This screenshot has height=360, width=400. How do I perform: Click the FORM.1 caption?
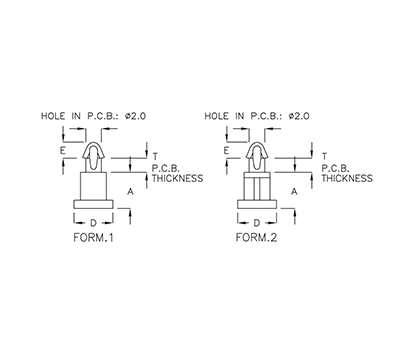tap(95, 240)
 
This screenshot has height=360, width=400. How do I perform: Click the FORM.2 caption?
tap(255, 240)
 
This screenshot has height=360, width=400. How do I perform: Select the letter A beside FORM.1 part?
tap(131, 189)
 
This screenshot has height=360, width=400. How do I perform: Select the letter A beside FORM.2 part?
tap(293, 189)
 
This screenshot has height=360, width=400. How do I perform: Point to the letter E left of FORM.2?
tap(227, 150)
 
